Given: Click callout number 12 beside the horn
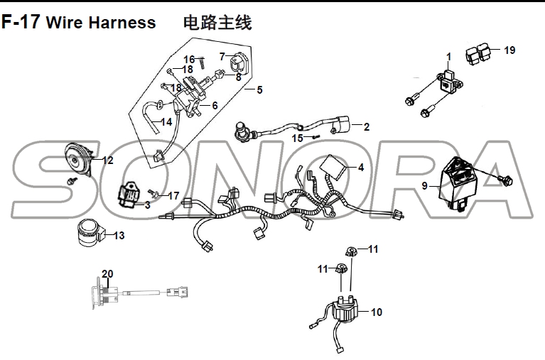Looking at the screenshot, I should (108, 160).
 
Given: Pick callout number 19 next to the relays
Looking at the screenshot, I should (509, 50).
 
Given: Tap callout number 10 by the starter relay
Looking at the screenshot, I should (376, 312).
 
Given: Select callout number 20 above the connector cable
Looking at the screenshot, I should (107, 274).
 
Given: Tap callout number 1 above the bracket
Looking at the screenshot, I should (448, 56).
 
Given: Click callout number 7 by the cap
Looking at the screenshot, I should (222, 56).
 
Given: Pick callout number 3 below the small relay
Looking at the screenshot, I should (147, 205).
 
